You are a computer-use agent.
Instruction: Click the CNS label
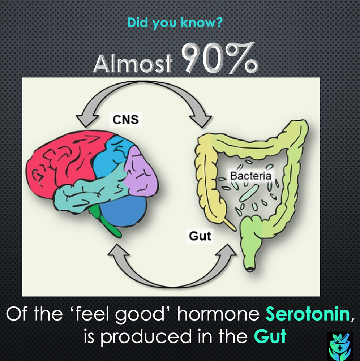click(x=125, y=119)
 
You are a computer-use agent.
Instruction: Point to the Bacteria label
click(x=250, y=176)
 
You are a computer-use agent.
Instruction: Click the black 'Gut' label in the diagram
click(x=200, y=236)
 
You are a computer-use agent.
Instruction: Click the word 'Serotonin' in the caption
click(x=308, y=315)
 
